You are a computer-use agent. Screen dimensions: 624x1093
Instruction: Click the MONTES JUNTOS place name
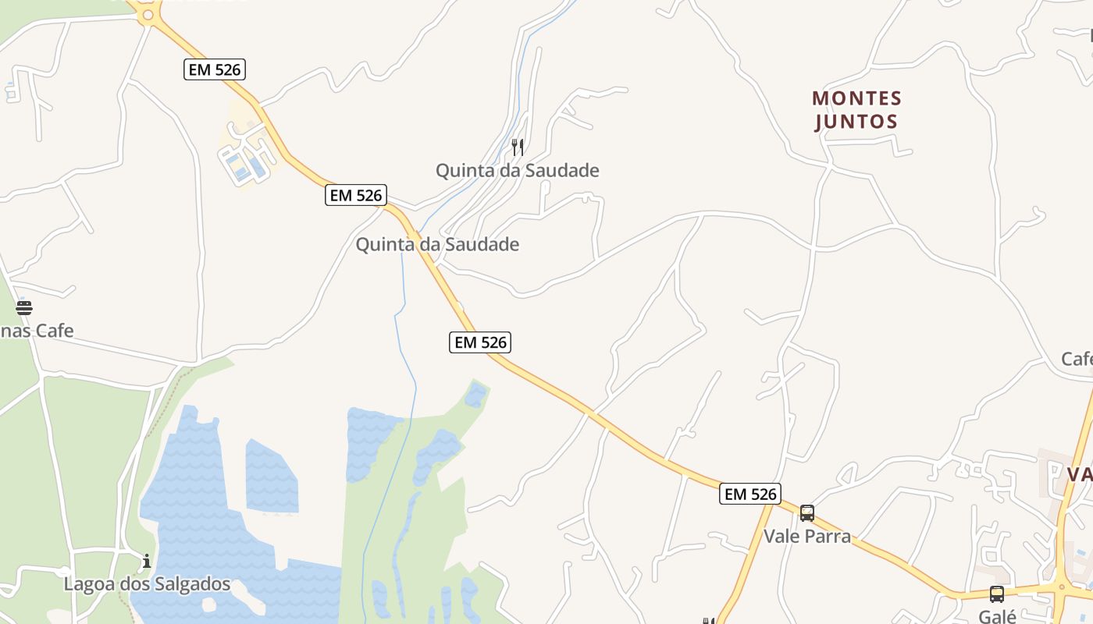coord(856,110)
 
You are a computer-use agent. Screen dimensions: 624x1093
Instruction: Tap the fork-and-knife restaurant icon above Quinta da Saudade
coord(517,147)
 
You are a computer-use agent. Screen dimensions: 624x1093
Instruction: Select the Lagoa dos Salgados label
coord(147,584)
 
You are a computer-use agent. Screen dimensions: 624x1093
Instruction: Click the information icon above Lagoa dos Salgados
coord(146,561)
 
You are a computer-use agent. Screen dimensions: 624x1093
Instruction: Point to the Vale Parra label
coord(806,537)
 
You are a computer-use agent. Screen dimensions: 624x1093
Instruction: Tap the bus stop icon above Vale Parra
coord(806,513)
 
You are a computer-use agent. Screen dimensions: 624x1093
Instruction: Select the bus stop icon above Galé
coord(996,594)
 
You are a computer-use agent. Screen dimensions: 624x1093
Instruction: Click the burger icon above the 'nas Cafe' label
coord(23,307)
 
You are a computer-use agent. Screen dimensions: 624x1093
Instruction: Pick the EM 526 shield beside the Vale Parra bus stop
coord(749,494)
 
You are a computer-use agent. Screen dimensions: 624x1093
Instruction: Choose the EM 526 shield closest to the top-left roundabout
coord(215,69)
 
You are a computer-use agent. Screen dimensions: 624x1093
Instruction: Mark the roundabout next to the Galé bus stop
coord(1062,587)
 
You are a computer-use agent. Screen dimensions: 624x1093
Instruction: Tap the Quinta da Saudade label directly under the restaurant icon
coord(517,170)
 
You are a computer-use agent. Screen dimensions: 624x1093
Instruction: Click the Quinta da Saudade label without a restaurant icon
coord(437,245)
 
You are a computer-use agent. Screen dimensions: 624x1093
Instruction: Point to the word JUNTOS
coord(856,122)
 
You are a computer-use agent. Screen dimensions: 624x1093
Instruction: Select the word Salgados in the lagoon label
coord(192,584)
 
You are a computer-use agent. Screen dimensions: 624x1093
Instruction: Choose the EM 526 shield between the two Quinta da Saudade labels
coord(356,195)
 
